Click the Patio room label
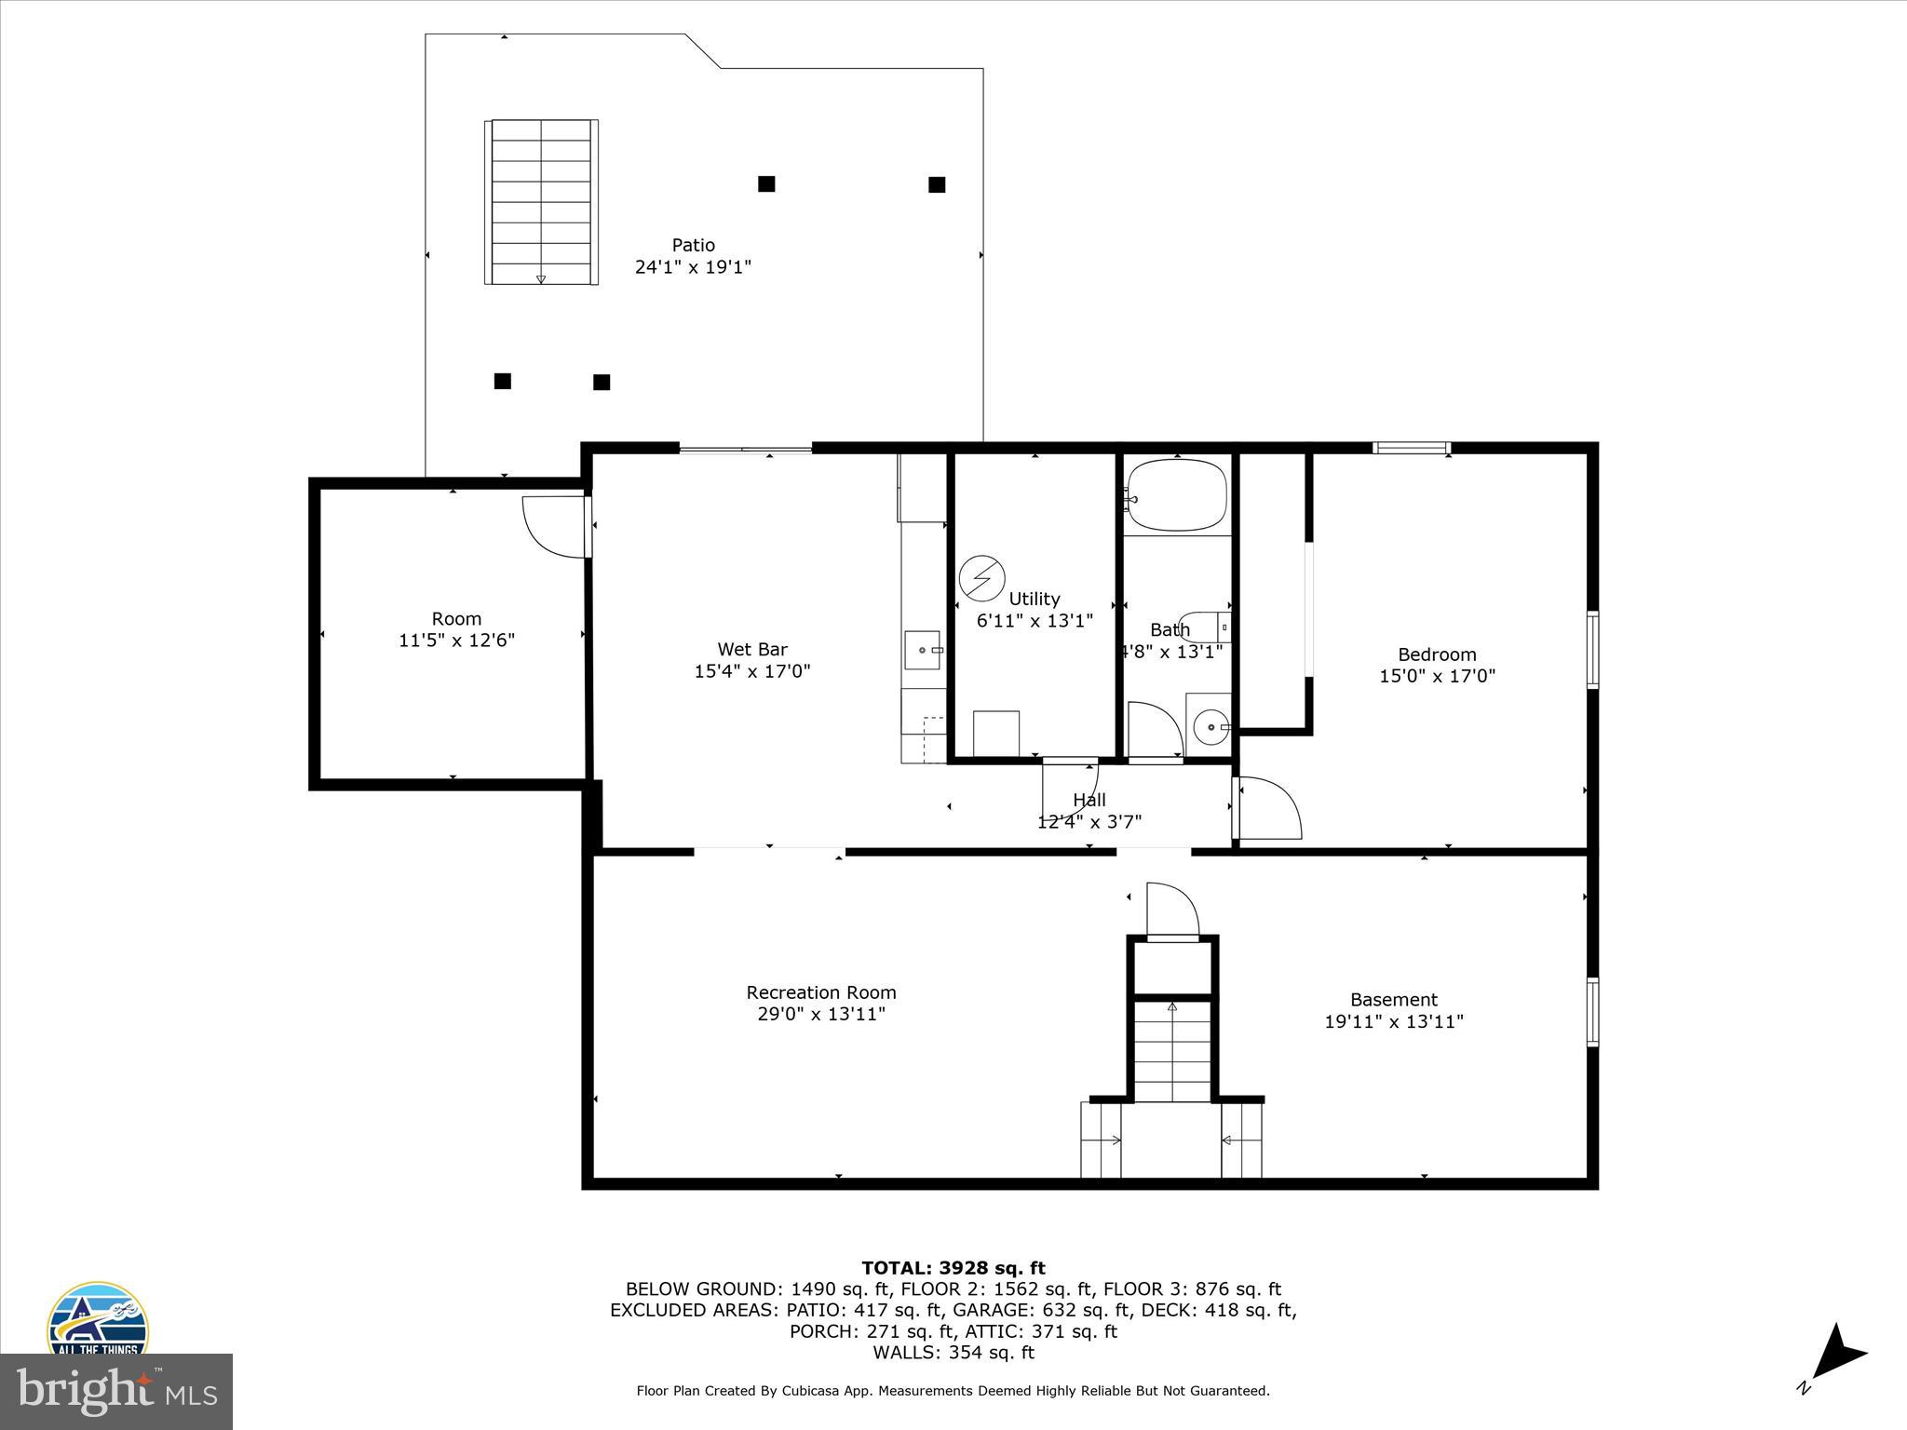693,246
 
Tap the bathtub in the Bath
1177,495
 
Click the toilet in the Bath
1205,627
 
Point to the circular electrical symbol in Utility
981,578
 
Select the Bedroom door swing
1268,808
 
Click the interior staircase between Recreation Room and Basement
1172,1052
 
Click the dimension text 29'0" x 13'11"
820,1014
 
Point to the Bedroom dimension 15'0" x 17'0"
1437,676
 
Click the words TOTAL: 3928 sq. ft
953,1268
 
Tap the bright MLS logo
116,1392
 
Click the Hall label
1089,800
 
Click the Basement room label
1393,1000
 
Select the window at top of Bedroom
1412,448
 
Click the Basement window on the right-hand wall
1592,1012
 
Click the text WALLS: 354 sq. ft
953,1353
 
